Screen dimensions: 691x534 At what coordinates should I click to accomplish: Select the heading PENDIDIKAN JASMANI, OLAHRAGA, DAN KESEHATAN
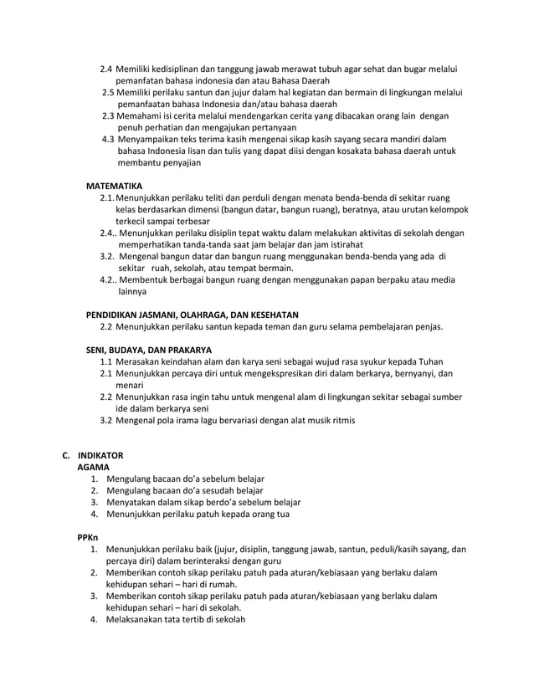tap(182, 315)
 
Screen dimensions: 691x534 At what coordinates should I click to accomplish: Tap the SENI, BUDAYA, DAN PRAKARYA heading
tap(149, 349)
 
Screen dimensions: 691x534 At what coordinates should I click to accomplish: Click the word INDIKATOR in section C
tap(102, 456)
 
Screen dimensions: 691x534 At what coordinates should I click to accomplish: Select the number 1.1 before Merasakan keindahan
tap(108, 361)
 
